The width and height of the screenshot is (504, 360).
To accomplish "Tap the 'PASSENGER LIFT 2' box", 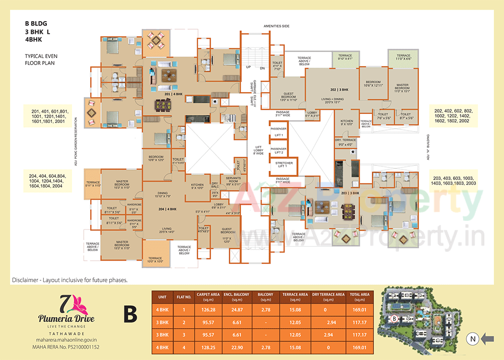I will (279, 150).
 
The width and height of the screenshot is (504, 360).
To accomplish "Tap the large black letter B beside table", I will (131, 316).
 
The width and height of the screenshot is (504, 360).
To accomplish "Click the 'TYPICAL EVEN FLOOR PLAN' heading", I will (40, 60).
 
